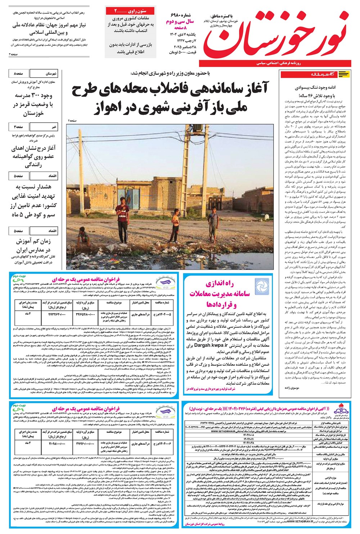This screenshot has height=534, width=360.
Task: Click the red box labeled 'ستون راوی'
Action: coord(131,11)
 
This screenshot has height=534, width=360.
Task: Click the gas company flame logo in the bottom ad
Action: coord(340,411)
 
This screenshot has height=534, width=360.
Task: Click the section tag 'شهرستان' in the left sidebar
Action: coord(51,73)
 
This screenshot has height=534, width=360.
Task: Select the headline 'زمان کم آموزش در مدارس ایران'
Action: coord(33,246)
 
